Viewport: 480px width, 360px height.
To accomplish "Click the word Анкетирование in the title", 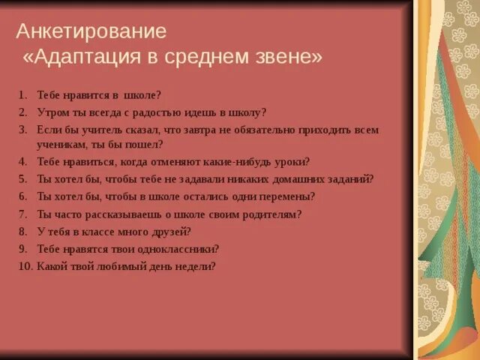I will point(91,31).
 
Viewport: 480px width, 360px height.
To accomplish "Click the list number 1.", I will point(22,95).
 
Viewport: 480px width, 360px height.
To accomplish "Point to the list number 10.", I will point(25,265).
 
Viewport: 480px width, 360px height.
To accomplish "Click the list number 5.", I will point(22,178).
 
